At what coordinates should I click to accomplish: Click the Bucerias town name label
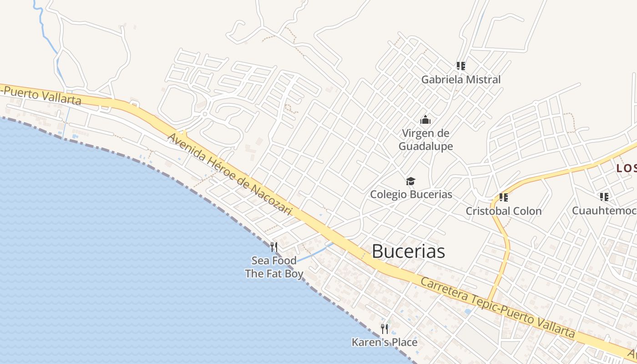(408, 251)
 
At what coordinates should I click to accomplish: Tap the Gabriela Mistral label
(460, 80)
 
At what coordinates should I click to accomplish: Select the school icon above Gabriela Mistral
(461, 66)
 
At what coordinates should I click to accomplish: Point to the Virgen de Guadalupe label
(425, 140)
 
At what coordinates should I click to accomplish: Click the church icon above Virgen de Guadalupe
(425, 120)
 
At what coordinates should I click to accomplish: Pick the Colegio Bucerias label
(411, 194)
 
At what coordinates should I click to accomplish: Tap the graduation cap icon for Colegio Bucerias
(410, 181)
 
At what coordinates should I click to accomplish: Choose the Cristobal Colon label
(503, 211)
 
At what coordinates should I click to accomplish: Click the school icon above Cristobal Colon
(503, 197)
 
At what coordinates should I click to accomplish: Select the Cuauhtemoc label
(603, 211)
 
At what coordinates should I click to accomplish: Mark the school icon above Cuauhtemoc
(604, 197)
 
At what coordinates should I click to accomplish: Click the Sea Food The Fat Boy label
(274, 267)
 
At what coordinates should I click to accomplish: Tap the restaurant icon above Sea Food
(274, 247)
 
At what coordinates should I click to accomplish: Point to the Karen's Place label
(384, 342)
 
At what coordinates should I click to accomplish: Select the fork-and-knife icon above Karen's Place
(384, 329)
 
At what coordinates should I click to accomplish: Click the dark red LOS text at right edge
(626, 168)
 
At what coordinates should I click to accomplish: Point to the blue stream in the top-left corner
(43, 25)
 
